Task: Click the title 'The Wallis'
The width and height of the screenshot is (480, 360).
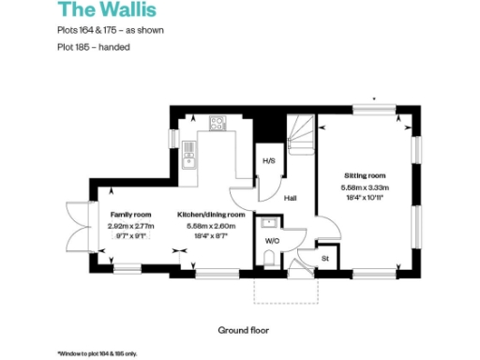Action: [x=97, y=11]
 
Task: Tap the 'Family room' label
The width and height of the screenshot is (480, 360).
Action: [x=129, y=214]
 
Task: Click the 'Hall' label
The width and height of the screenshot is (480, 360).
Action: [x=291, y=197]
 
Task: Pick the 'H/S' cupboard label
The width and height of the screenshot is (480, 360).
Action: [x=268, y=161]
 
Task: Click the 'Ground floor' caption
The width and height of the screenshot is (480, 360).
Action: [x=244, y=330]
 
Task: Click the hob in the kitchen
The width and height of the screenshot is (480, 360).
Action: [x=217, y=122]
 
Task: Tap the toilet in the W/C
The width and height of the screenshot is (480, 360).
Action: [x=269, y=255]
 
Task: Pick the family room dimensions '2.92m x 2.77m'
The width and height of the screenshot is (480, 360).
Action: [x=130, y=226]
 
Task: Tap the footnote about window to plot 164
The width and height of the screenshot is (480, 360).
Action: [x=97, y=352]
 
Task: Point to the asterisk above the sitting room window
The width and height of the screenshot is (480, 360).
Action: [x=374, y=97]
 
